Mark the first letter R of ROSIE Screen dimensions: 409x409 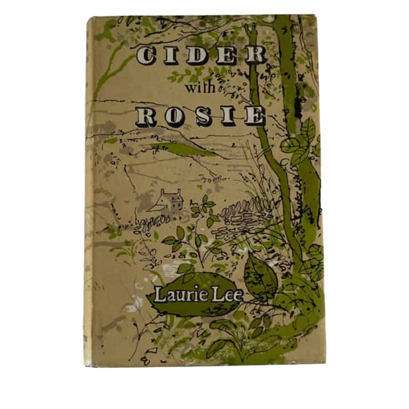coord(147,117)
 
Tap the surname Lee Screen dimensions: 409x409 coord(222,294)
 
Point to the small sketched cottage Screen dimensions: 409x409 coord(170,200)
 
